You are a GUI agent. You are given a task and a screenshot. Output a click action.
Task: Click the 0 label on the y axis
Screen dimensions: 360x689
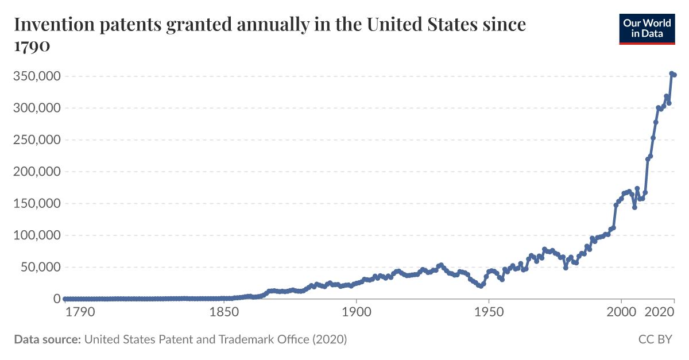tap(57, 299)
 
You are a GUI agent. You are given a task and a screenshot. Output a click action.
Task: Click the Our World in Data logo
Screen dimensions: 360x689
tap(646, 29)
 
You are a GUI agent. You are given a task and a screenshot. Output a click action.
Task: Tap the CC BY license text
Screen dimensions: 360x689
tap(655, 339)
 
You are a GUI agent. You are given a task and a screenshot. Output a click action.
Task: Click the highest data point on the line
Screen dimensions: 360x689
tap(671, 73)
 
